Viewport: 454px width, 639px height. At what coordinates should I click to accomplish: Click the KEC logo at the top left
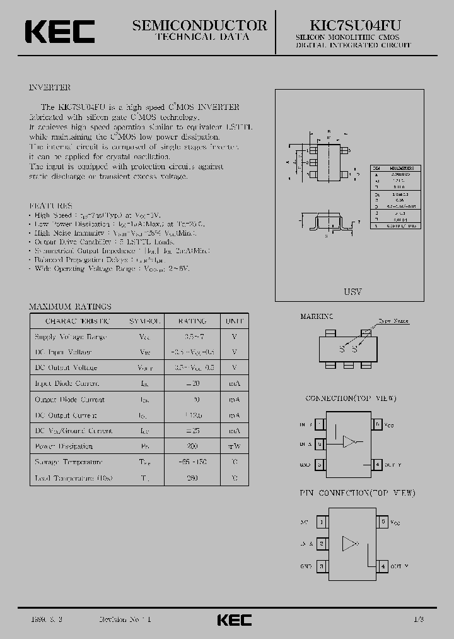pyautogui.click(x=59, y=32)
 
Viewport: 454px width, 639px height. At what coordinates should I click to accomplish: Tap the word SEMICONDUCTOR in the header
pyautogui.click(x=199, y=25)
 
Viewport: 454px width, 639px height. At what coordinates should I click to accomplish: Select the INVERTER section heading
pyautogui.click(x=50, y=87)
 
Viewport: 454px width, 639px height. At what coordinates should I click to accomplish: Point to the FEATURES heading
pyautogui.click(x=51, y=206)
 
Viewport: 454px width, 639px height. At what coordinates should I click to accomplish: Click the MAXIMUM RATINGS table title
pyautogui.click(x=70, y=306)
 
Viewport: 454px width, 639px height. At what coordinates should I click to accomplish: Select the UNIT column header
pyautogui.click(x=235, y=321)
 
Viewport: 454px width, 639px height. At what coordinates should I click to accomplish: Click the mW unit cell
pyautogui.click(x=235, y=446)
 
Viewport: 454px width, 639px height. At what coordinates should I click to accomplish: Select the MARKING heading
pyautogui.click(x=317, y=316)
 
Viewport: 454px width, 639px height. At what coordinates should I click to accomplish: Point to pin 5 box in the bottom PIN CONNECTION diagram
pyautogui.click(x=384, y=522)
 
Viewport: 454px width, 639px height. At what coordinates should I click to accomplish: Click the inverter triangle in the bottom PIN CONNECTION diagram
pyautogui.click(x=349, y=544)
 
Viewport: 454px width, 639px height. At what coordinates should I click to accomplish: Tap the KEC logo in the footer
pyautogui.click(x=234, y=619)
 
